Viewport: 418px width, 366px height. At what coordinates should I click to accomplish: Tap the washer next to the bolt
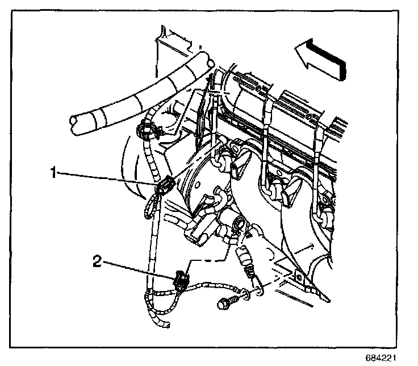tap(245, 294)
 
